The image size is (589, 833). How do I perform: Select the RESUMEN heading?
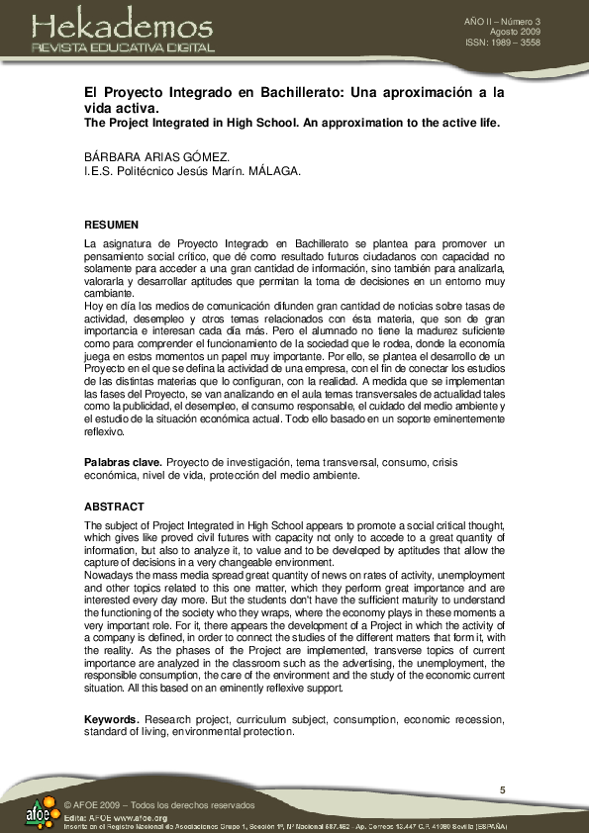tap(112, 225)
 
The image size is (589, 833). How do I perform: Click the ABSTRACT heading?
tap(114, 507)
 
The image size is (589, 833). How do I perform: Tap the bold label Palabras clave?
tap(123, 462)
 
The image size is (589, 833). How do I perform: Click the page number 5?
tap(502, 788)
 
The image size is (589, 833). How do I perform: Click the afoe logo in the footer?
tap(39, 811)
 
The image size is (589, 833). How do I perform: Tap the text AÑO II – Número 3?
tap(516, 21)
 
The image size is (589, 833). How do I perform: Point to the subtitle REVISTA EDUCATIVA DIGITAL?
tap(123, 46)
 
